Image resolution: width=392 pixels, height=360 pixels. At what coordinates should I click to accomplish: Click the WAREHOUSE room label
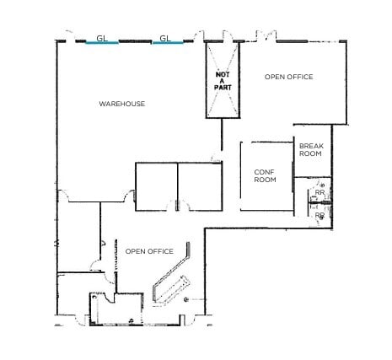(x=121, y=104)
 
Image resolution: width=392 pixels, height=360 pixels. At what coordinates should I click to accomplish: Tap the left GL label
(x=102, y=37)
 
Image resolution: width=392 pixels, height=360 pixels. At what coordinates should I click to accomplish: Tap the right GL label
(x=165, y=37)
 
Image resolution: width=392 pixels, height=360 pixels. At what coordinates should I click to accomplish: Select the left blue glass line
(x=102, y=43)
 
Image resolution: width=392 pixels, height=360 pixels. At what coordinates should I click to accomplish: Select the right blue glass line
(x=166, y=43)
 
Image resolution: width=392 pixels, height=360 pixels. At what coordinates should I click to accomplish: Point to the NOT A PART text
(x=223, y=80)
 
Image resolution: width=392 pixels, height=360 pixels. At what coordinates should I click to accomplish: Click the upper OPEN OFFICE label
(x=288, y=77)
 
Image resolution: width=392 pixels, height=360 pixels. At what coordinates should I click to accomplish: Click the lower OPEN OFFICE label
(x=149, y=251)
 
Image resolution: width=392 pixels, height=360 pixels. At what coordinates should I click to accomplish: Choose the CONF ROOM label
(x=266, y=175)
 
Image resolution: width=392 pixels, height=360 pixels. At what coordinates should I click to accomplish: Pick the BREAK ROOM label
(x=311, y=150)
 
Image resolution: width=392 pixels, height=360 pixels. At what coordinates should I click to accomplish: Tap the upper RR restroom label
(x=320, y=193)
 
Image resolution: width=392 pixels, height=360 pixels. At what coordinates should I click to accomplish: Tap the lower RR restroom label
(x=320, y=215)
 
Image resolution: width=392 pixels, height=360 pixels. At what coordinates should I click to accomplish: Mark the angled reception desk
(x=173, y=287)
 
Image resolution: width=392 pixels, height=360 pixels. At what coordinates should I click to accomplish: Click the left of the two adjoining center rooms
(x=156, y=185)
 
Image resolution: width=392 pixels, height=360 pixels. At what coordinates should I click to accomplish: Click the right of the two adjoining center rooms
(x=200, y=185)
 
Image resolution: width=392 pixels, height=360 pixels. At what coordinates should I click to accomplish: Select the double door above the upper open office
(x=266, y=36)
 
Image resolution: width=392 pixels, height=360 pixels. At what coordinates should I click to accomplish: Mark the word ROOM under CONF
(x=266, y=180)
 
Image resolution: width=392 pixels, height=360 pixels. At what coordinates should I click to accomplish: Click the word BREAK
(x=311, y=146)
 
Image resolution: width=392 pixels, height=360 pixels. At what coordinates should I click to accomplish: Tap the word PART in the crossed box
(x=223, y=87)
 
